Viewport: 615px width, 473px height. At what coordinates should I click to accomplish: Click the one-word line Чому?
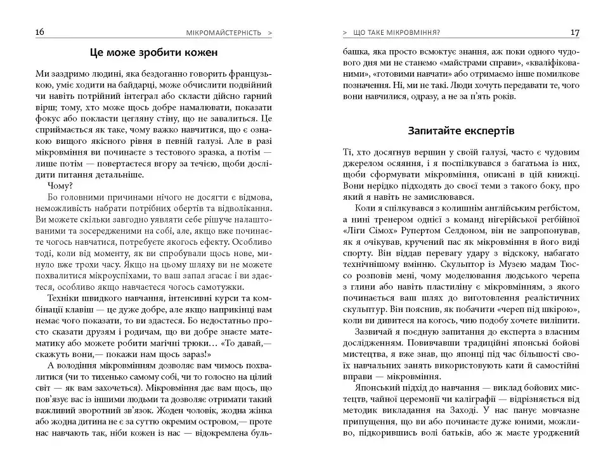pos(59,186)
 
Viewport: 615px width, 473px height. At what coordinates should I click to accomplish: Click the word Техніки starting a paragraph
pos(65,298)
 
